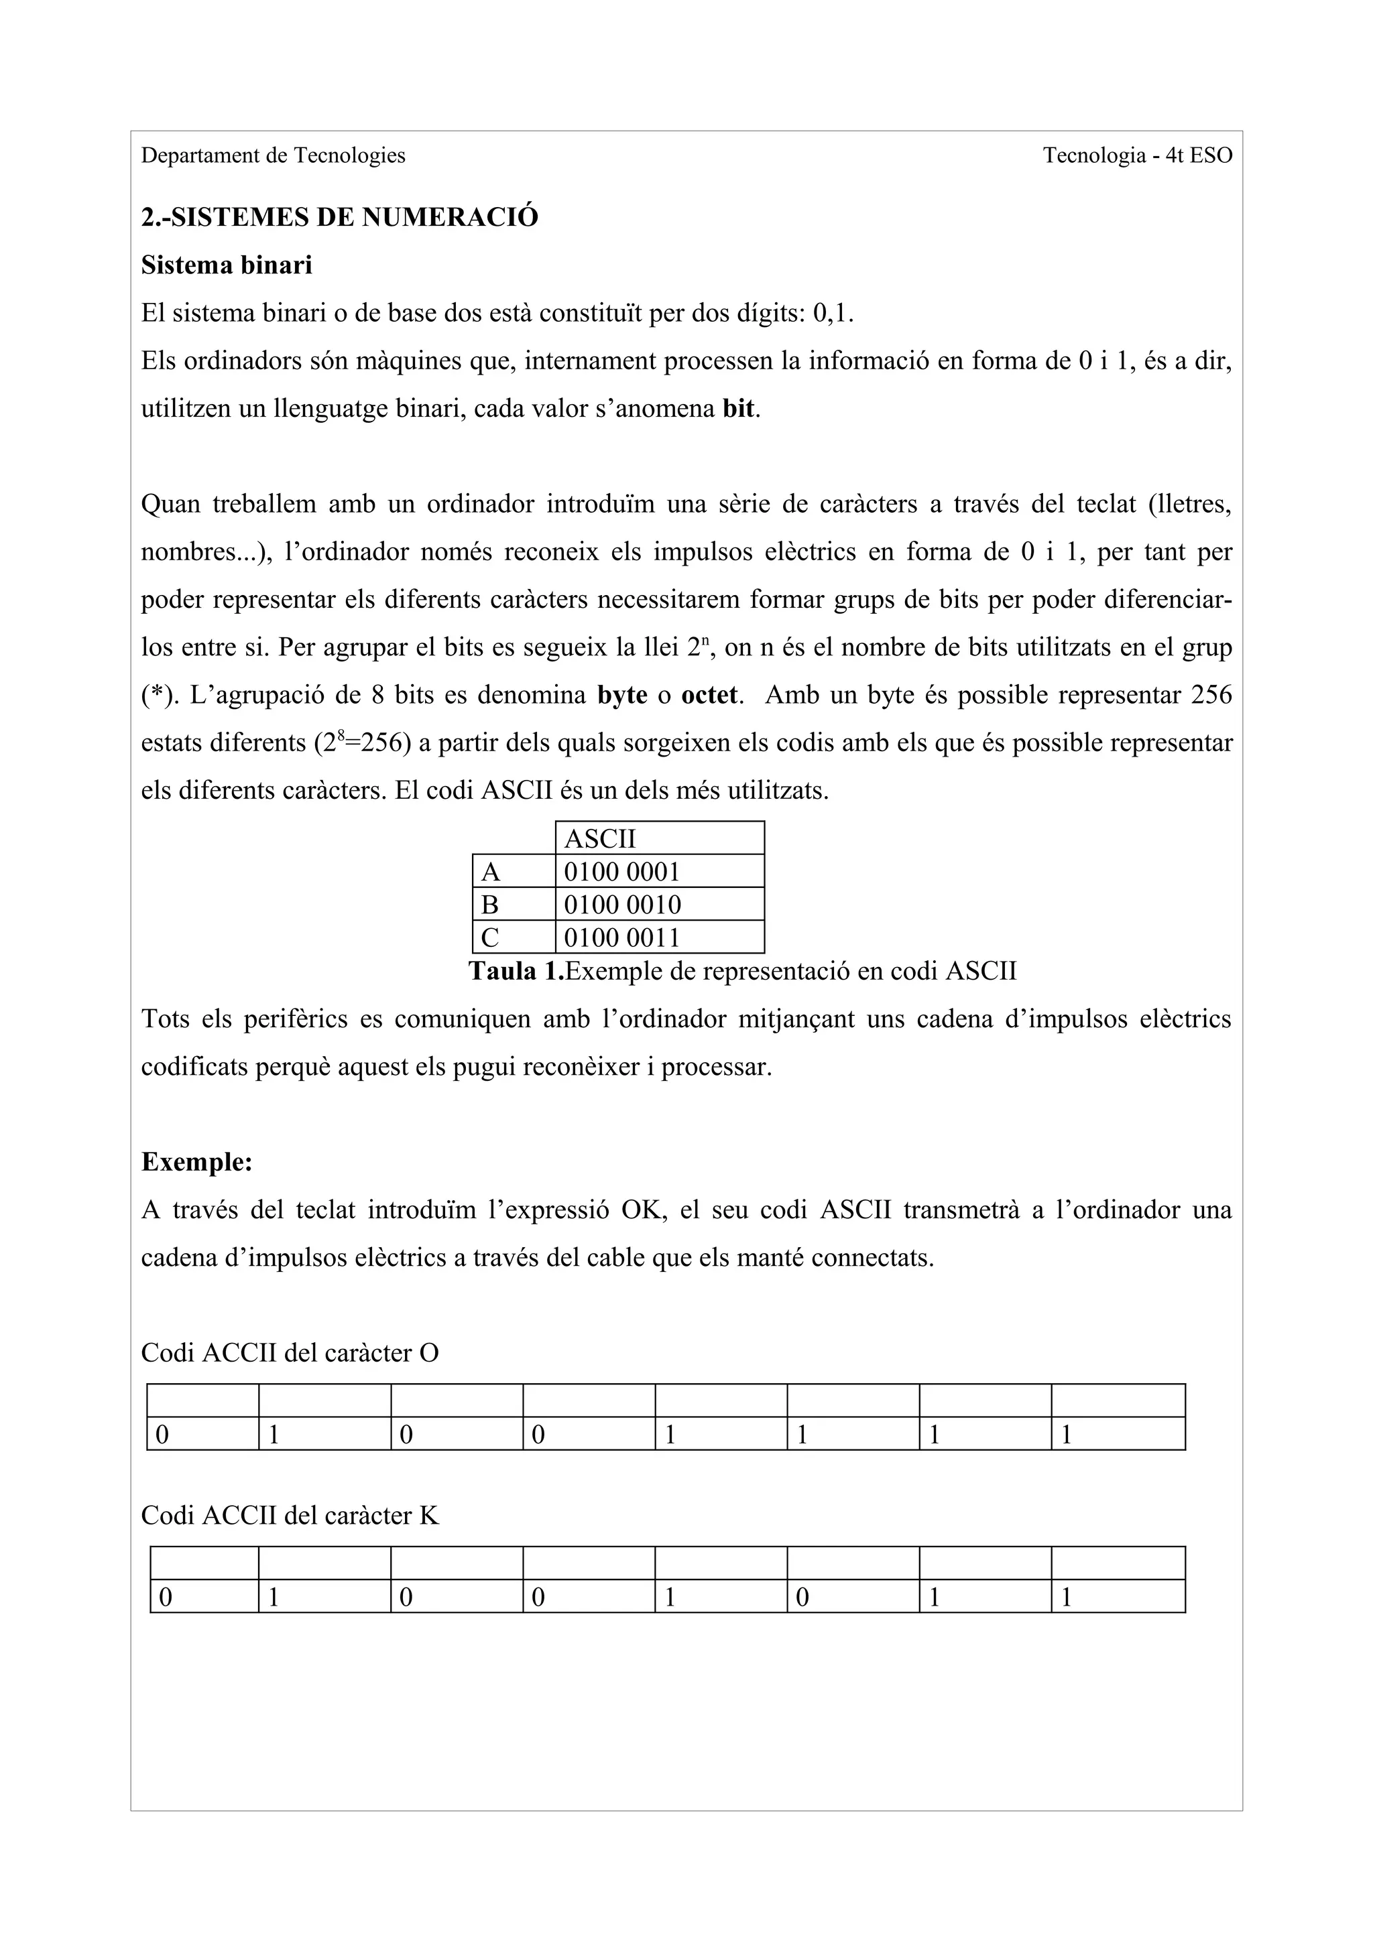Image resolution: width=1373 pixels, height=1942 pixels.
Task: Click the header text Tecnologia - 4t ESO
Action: [1136, 155]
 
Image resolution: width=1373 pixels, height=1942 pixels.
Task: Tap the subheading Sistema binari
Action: [226, 265]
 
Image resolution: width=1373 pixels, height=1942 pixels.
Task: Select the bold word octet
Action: [710, 696]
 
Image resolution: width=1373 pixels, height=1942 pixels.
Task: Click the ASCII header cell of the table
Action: [659, 838]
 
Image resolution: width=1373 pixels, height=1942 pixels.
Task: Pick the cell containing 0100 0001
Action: [659, 871]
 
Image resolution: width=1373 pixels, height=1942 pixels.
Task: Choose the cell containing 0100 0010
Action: [659, 904]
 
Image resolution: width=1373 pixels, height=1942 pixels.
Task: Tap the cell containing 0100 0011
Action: [659, 937]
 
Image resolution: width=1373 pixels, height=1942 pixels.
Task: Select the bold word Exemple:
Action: [196, 1162]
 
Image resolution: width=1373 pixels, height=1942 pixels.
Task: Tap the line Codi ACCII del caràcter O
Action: [290, 1354]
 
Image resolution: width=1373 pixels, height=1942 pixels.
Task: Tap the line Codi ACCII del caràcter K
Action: [290, 1515]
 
